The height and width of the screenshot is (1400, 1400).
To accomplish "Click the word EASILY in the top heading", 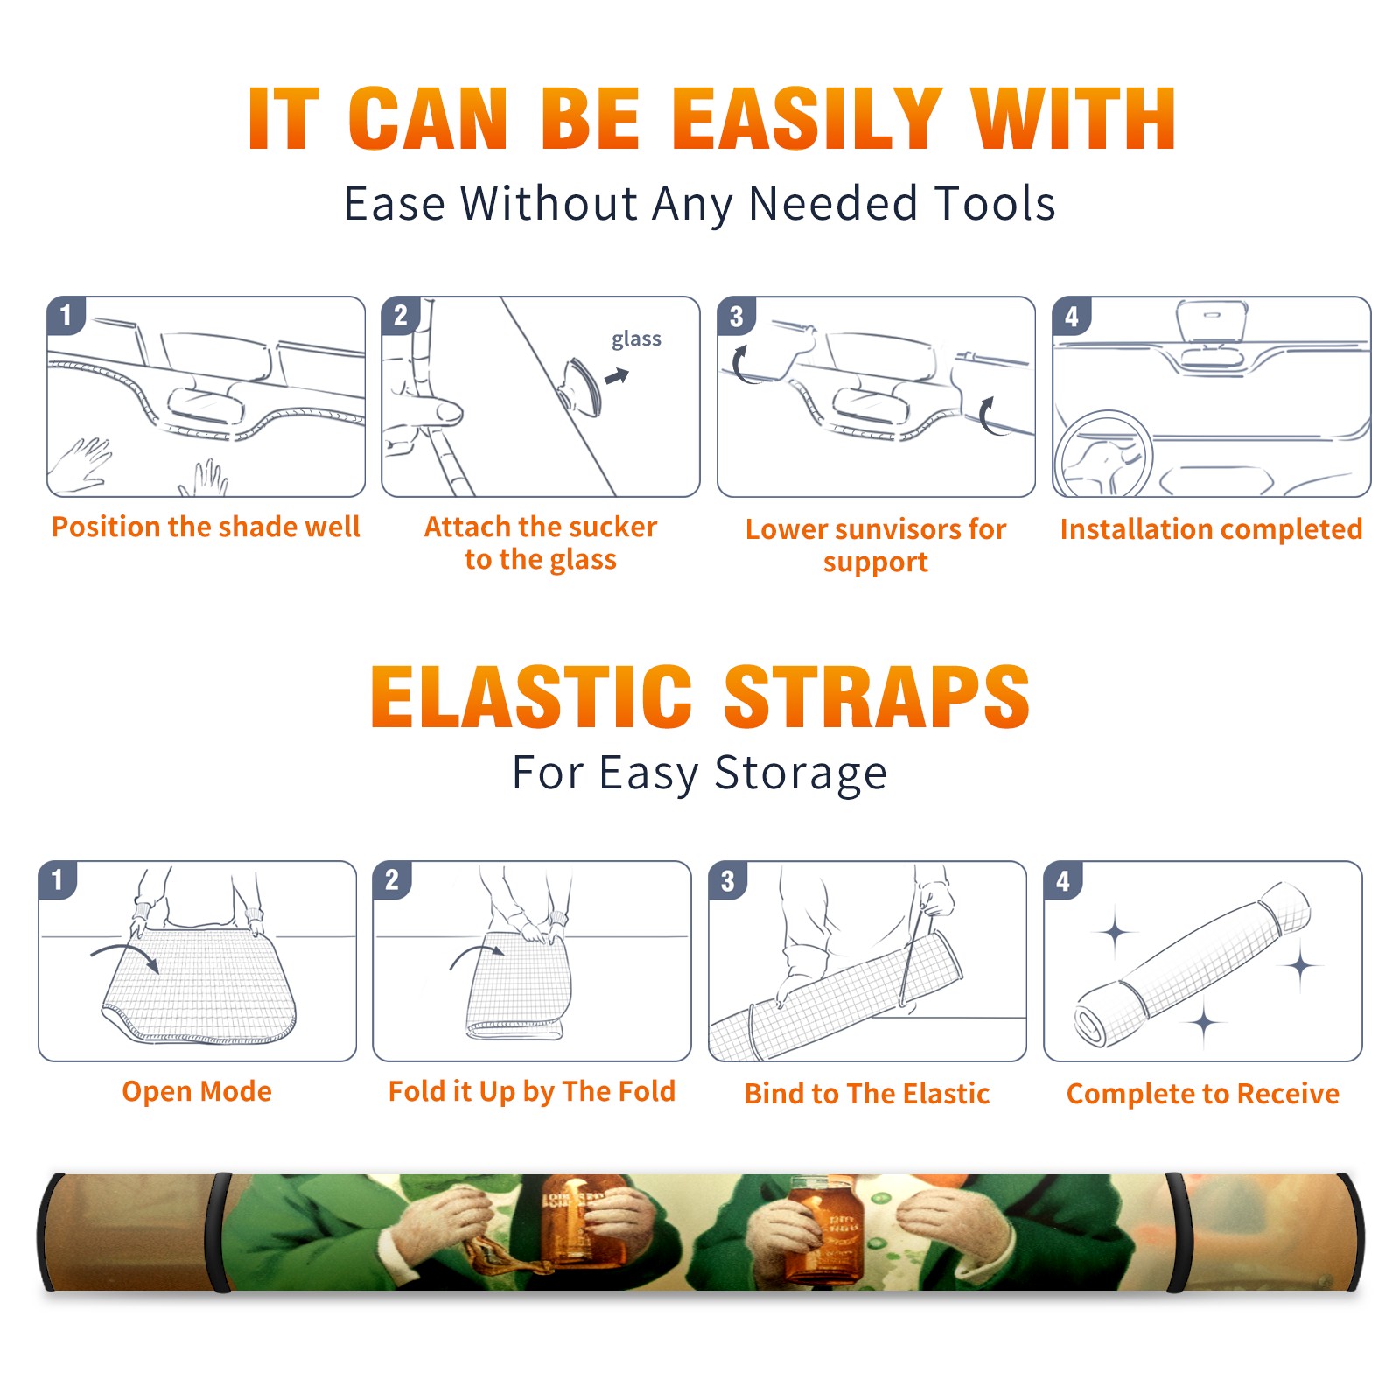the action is pos(806,119).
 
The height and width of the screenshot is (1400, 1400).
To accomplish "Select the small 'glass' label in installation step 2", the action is pos(636,339).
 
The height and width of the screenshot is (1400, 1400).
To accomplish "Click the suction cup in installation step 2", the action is pos(581,386).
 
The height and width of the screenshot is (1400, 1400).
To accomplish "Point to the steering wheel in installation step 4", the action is pos(1102,453).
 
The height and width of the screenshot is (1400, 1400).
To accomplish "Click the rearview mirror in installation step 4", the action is pos(1211,322).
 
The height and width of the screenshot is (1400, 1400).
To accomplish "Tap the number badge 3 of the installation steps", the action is pos(736,316).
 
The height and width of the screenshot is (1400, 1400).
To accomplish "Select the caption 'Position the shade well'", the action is pos(206,527).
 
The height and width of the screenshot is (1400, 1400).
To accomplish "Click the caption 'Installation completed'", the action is pos(1211,528).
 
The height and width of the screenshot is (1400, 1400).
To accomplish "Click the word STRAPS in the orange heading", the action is pos(877,696).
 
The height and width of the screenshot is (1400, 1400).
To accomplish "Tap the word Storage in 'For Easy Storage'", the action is pos(801,773).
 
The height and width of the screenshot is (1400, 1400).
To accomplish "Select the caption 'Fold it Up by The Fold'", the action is pos(532,1091).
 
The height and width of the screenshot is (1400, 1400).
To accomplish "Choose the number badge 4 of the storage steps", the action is pos(1063,880).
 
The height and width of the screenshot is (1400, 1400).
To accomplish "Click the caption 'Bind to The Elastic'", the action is pos(867,1093).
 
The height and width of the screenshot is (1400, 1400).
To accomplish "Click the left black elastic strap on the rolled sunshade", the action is pos(219,1232).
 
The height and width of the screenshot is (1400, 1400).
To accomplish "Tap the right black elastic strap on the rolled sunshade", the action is pos(1177,1232).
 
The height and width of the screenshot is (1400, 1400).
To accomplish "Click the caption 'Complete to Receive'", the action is pos(1203,1093).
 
